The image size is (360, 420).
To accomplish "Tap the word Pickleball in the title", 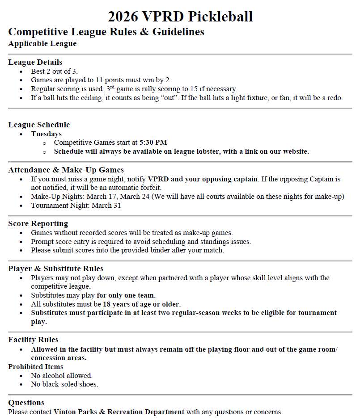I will click(220, 17).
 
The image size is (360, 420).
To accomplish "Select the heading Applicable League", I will click(42, 43).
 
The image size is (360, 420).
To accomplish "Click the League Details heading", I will click(35, 62).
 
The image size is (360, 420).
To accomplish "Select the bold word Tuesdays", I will click(47, 134).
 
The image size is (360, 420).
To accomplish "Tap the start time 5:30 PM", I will click(153, 143).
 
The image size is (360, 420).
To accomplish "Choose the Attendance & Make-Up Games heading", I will click(66, 170).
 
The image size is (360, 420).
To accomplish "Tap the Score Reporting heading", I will click(38, 223).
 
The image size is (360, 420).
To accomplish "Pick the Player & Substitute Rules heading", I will click(56, 269).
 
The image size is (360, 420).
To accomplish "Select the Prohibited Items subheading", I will click(36, 367).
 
